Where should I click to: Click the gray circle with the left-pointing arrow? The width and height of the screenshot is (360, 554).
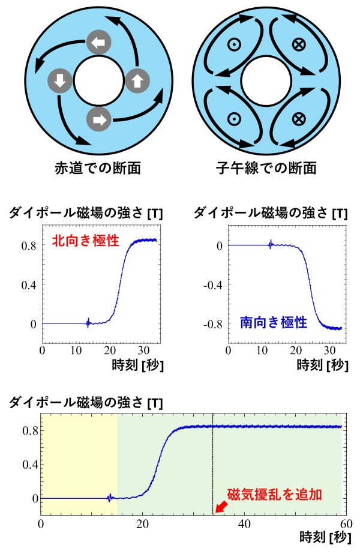[x=99, y=42]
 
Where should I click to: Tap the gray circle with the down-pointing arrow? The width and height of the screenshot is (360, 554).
[x=60, y=80]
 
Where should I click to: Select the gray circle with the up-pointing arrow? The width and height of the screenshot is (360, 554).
[x=137, y=80]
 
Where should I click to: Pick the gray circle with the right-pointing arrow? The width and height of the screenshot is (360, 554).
[x=99, y=119]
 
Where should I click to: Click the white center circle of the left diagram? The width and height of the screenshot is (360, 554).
[x=99, y=80]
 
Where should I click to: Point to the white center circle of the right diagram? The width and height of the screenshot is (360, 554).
[x=266, y=80]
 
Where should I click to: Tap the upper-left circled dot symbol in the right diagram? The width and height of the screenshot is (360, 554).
[x=234, y=44]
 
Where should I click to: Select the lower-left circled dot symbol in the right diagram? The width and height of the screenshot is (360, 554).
[x=234, y=118]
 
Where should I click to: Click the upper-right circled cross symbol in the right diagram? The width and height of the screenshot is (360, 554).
[x=298, y=44]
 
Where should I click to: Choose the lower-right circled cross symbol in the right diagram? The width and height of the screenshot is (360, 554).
[x=298, y=118]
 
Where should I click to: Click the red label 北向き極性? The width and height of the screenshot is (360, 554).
[x=86, y=241]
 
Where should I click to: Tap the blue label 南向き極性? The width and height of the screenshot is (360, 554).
[x=273, y=322]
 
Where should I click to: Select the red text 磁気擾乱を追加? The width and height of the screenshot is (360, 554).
[x=274, y=495]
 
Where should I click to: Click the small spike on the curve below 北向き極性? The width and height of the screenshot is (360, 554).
[x=88, y=323]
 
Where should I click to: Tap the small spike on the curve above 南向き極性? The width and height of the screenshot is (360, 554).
[x=271, y=244]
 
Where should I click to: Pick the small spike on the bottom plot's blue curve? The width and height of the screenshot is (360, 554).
[x=110, y=498]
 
